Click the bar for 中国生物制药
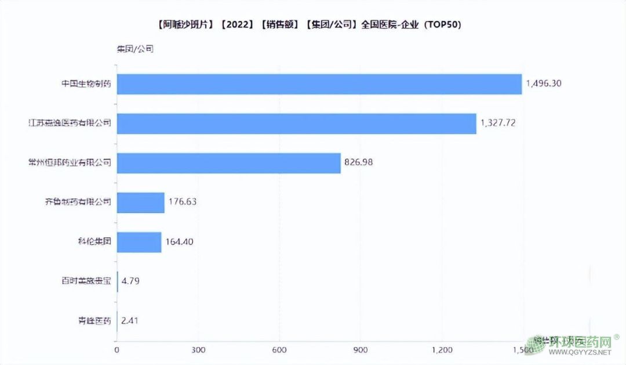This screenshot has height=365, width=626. pyautogui.click(x=319, y=84)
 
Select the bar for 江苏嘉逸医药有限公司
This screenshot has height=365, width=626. pyautogui.click(x=296, y=123)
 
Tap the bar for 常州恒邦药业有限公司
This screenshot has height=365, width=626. pyautogui.click(x=228, y=162)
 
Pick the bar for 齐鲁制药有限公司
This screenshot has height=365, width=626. pyautogui.click(x=140, y=203)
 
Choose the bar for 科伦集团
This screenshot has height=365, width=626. pyautogui.click(x=139, y=242)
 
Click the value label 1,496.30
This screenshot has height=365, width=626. pyautogui.click(x=544, y=84)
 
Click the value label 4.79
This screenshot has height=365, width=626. pyautogui.click(x=130, y=281)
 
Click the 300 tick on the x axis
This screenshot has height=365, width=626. pyautogui.click(x=198, y=350)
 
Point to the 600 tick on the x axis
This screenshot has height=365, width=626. pyautogui.click(x=279, y=350)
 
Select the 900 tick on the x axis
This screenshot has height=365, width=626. pyautogui.click(x=360, y=350)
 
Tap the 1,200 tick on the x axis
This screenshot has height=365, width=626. pyautogui.click(x=441, y=350)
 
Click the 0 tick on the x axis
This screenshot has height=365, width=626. pyautogui.click(x=117, y=350)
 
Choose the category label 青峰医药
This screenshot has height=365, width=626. pyautogui.click(x=94, y=321)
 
